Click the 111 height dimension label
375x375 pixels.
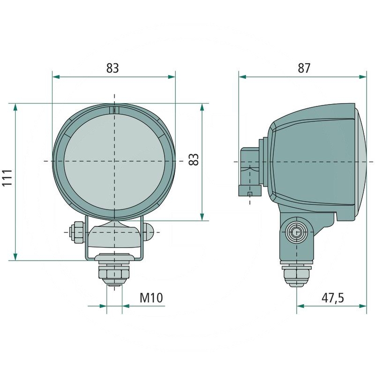(7, 178)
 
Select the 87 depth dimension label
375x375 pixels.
(304, 68)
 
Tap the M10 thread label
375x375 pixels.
(151, 298)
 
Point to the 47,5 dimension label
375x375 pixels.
(333, 298)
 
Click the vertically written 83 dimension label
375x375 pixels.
(194, 159)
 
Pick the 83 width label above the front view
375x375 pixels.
(112, 68)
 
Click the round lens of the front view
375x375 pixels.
(114, 162)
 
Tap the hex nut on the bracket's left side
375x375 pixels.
(77, 232)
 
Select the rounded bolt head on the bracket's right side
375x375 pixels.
(148, 232)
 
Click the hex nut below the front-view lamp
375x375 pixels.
(114, 272)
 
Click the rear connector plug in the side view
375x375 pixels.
(250, 172)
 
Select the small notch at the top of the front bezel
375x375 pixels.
(114, 110)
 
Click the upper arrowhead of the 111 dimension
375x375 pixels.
(15, 107)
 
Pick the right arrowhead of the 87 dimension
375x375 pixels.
(362, 77)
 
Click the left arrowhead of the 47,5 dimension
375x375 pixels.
(300, 306)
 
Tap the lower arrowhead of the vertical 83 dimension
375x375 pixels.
(202, 217)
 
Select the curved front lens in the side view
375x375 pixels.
(361, 162)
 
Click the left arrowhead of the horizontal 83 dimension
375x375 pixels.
(56, 77)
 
